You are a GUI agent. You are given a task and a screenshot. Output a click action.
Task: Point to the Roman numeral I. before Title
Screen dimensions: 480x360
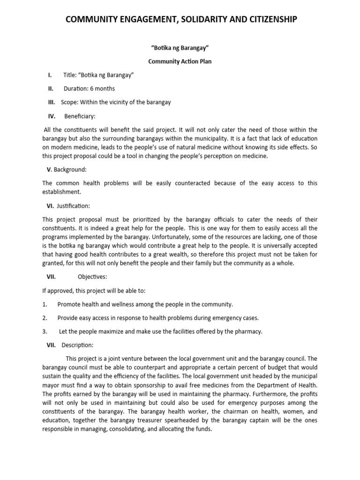pyautogui.click(x=49, y=75)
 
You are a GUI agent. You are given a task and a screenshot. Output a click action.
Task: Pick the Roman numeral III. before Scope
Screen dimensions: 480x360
pyautogui.click(x=51, y=102)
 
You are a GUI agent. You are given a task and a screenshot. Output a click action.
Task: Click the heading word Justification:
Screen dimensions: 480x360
pyautogui.click(x=74, y=206)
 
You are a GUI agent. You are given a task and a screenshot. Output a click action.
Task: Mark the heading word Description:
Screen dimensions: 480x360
pyautogui.click(x=77, y=345)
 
